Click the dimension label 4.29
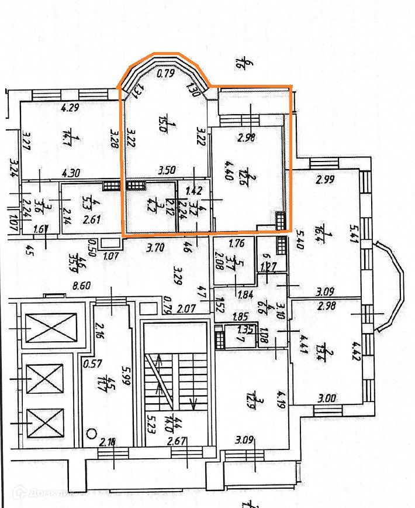[x=70, y=108]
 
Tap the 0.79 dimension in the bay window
[x=166, y=74]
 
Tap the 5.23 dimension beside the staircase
[x=150, y=421]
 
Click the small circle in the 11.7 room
[x=91, y=434]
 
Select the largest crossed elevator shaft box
[x=52, y=327]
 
